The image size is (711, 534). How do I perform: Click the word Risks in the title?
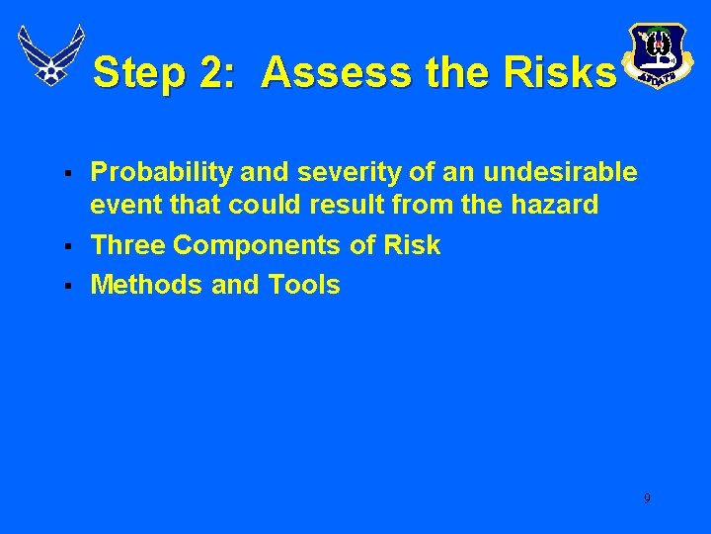pyautogui.click(x=560, y=73)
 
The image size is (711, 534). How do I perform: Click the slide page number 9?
pyautogui.click(x=647, y=498)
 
